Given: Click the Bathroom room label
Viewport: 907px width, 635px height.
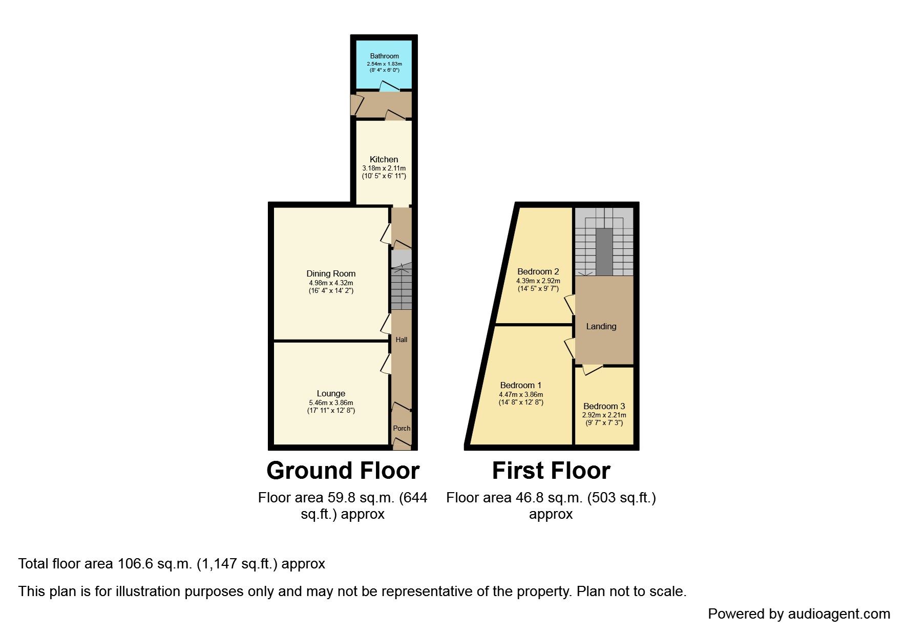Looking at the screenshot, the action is pyautogui.click(x=384, y=56).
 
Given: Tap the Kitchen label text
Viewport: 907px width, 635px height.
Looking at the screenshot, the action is pyautogui.click(x=384, y=160).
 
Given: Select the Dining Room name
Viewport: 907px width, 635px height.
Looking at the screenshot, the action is pyautogui.click(x=331, y=274).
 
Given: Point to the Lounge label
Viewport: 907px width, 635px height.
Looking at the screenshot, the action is pyautogui.click(x=331, y=394).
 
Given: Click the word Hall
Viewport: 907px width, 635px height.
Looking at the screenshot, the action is pyautogui.click(x=402, y=340).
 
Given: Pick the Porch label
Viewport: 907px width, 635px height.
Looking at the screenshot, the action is pyautogui.click(x=402, y=428).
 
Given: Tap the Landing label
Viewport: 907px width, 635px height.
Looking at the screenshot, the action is pyautogui.click(x=601, y=326).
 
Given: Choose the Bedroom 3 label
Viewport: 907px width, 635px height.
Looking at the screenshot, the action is pyautogui.click(x=604, y=406).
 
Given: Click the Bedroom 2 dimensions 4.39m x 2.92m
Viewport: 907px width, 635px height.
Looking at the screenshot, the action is pyautogui.click(x=538, y=281).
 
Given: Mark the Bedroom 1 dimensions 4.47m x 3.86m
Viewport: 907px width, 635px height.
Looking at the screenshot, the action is pyautogui.click(x=521, y=395).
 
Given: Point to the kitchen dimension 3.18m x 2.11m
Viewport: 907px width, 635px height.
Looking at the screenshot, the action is pyautogui.click(x=384, y=168).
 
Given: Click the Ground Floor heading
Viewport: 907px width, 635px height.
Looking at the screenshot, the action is pyautogui.click(x=343, y=471).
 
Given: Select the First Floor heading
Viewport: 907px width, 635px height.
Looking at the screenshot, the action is pyautogui.click(x=551, y=471).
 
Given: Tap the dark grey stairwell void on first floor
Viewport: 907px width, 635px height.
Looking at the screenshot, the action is pyautogui.click(x=604, y=252).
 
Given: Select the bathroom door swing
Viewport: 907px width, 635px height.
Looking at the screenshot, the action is pyautogui.click(x=389, y=87).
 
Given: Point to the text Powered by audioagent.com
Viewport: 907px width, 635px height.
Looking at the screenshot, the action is pyautogui.click(x=799, y=614).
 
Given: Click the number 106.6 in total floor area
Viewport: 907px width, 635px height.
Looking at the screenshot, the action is pyautogui.click(x=134, y=564).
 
